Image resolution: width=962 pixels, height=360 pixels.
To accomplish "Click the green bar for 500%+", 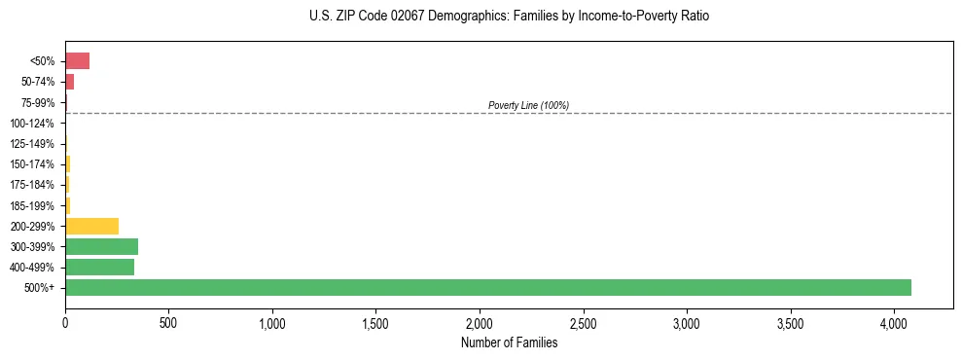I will point(486,287).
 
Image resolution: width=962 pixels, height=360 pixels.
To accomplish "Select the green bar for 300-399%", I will point(101,246).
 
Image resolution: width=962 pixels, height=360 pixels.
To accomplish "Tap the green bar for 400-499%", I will point(99,267).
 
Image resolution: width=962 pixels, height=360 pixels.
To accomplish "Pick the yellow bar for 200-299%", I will point(91,226).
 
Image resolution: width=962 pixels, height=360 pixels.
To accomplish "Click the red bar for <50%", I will point(77,60).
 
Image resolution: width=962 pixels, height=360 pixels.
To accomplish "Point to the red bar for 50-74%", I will point(69,82).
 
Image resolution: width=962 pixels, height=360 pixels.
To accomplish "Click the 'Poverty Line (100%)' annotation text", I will point(528,105).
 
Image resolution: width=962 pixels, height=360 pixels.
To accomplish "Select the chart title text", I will point(509,17).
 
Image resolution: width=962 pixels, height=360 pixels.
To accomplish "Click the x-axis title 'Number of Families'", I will point(509,342).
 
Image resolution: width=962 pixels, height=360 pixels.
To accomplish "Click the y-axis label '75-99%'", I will point(40,102).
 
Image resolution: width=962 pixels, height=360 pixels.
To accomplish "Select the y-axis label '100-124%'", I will point(36,124).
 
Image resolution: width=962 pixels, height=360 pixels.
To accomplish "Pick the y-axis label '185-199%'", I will point(36,205).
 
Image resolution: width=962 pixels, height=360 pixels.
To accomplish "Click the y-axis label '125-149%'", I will point(36,144).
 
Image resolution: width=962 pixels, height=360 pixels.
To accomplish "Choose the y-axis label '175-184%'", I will point(36,185).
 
